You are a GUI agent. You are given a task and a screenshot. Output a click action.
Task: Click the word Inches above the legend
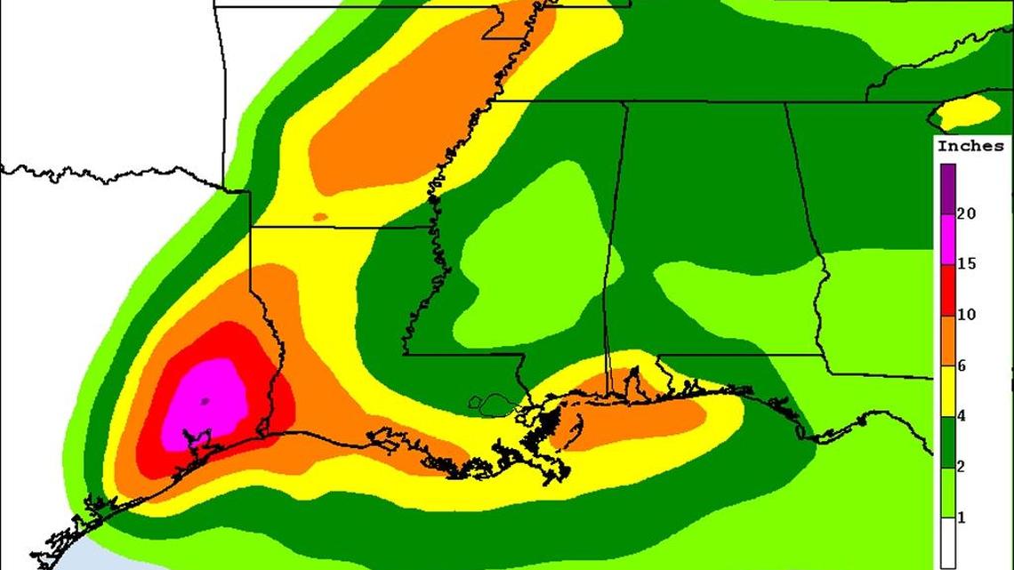pyautogui.click(x=970, y=146)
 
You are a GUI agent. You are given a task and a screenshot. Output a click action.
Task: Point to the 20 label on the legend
pyautogui.click(x=966, y=213)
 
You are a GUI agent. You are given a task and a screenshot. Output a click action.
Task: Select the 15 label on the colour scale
pyautogui.click(x=966, y=264)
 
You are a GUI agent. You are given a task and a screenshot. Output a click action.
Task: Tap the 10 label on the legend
pyautogui.click(x=966, y=315)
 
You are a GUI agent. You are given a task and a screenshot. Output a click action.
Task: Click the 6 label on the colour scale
pyautogui.click(x=962, y=365)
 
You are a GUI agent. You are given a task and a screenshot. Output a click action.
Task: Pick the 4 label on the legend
pyautogui.click(x=962, y=416)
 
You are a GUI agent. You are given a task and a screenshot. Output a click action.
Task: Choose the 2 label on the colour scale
pyautogui.click(x=962, y=467)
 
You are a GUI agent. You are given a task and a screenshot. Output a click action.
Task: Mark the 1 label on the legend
pyautogui.click(x=962, y=518)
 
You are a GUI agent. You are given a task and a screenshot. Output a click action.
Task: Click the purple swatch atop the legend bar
pyautogui.click(x=947, y=188)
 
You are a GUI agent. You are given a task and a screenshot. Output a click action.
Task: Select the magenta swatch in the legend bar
pyautogui.click(x=947, y=238)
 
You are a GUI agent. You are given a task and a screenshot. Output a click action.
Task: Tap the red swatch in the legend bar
pyautogui.click(x=947, y=289)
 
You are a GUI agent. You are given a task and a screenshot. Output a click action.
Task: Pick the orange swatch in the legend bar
pyautogui.click(x=947, y=340)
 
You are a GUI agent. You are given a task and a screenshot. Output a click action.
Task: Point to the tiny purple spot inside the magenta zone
pyautogui.click(x=204, y=401)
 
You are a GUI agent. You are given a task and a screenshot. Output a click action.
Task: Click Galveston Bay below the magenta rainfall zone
pyautogui.click(x=197, y=440)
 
